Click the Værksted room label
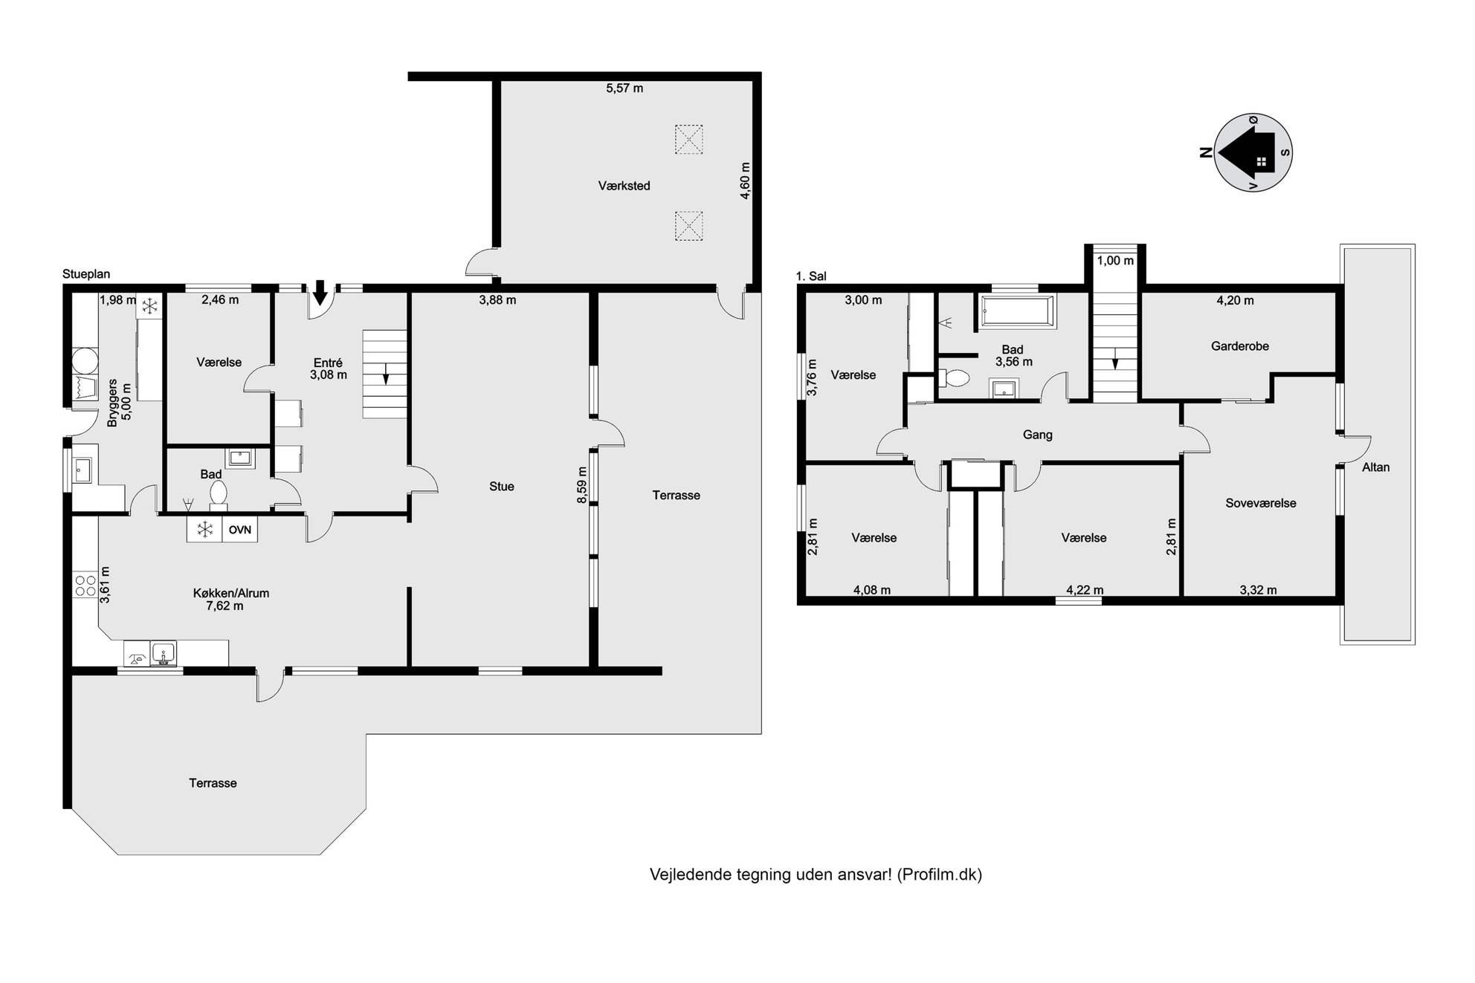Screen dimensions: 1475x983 624,186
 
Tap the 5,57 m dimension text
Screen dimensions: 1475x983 624,88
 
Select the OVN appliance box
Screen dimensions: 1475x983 239,530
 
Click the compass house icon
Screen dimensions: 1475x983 1253,152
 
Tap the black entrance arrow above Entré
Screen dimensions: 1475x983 320,292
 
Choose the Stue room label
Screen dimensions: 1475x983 502,487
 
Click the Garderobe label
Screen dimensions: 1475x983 1239,346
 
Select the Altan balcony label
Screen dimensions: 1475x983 1375,467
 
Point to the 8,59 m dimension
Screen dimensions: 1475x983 582,485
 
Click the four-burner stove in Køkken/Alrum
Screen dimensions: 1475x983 85,585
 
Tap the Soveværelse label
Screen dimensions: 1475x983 1261,503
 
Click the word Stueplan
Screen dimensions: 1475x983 86,274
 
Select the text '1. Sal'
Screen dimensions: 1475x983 811,276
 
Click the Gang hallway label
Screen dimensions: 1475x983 1037,435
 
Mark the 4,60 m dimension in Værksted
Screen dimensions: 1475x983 745,181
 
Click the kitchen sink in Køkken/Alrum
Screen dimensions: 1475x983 164,654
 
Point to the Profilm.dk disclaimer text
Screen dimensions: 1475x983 816,875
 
